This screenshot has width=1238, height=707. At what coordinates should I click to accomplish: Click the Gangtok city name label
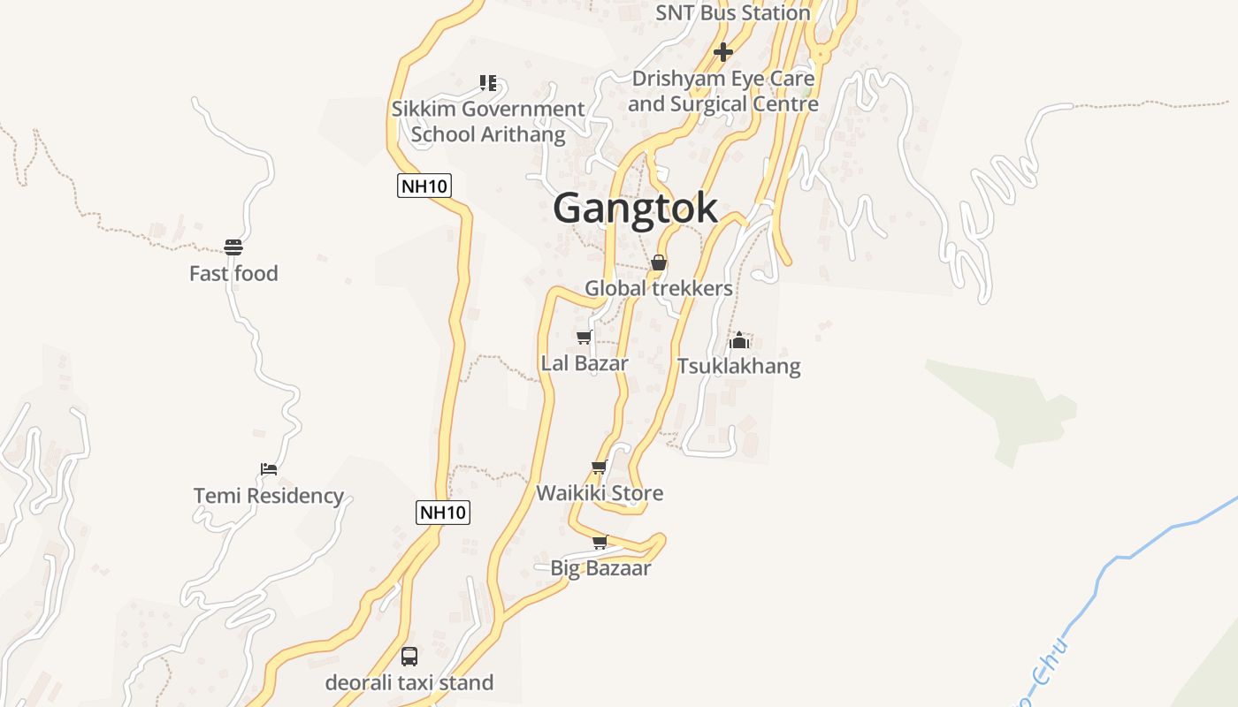coord(635,209)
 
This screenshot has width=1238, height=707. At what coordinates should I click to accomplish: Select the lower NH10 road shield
coord(443,512)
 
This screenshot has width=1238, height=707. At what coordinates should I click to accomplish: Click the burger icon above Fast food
coord(233,247)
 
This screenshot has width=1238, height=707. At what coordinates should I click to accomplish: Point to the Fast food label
coord(233,274)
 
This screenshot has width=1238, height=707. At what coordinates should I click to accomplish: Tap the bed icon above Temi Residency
coord(269,468)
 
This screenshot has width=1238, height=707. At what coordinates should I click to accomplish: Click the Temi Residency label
coord(269,496)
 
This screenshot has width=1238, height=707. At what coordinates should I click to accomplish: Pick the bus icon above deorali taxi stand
coord(409,656)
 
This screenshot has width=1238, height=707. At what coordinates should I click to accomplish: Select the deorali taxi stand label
coord(409,683)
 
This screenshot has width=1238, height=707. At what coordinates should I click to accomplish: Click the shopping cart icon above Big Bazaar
coord(600,542)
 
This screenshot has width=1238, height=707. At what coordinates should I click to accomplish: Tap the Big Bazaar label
coord(600,568)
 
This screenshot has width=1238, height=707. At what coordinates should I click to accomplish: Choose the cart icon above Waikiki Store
coord(600,467)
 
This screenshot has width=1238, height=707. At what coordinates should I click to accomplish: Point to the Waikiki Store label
coord(600,493)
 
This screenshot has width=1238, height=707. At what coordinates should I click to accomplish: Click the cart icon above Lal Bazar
coord(584,337)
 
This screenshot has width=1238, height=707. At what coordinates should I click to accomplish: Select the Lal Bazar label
coord(585,363)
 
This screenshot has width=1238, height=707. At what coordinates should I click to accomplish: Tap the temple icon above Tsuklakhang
coord(739,340)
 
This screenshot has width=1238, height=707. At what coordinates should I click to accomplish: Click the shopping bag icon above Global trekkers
coord(659,262)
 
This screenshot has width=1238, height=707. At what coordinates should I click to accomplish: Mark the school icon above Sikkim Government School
coord(488,83)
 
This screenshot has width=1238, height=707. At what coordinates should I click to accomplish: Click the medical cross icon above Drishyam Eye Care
coord(723,52)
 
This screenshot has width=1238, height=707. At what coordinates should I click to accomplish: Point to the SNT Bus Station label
coord(733,13)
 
